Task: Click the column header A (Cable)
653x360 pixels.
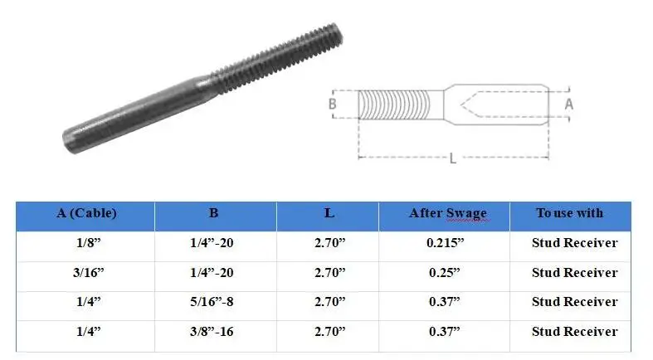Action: click(x=86, y=213)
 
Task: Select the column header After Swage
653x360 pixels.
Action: click(x=447, y=213)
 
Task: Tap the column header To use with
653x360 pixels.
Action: click(x=569, y=213)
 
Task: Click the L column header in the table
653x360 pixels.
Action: click(x=329, y=213)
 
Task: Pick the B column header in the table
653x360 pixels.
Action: click(x=214, y=213)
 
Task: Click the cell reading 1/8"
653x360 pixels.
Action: click(x=86, y=243)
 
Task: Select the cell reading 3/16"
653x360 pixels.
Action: click(x=86, y=273)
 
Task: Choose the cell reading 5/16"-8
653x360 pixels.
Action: click(x=214, y=302)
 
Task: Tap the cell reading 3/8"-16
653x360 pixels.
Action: click(x=214, y=332)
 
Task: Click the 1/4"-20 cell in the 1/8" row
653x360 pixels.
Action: click(x=214, y=243)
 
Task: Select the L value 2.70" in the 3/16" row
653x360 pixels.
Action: click(x=329, y=273)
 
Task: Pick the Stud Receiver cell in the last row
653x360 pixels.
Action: click(x=574, y=332)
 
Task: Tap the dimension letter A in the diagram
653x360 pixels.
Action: click(x=568, y=105)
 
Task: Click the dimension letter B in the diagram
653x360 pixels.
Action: click(x=333, y=105)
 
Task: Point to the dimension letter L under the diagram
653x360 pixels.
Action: click(x=452, y=159)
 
